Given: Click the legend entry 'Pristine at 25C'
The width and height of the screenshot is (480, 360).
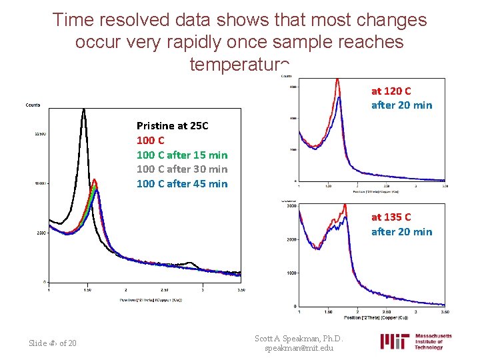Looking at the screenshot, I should tap(172, 125).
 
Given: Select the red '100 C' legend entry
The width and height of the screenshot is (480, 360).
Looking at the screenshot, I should tap(150, 140).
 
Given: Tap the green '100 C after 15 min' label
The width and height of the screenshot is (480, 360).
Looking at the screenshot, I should tap(181, 155).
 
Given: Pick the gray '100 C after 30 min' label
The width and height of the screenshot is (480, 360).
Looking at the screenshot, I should tap(181, 169).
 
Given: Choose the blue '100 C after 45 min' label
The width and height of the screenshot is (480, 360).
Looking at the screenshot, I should tap(181, 184).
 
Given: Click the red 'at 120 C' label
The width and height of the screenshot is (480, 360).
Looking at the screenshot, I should tap(391, 91).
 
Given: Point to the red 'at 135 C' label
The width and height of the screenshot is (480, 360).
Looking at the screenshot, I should tap(391, 217).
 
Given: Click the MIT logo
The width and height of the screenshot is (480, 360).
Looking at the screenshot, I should tap(394, 341).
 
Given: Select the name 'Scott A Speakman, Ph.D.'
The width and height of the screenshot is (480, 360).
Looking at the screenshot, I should tap(298, 338).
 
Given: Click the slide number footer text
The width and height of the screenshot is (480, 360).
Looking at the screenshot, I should tap(53, 343).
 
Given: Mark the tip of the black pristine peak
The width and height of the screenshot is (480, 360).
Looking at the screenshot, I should tap(84, 110).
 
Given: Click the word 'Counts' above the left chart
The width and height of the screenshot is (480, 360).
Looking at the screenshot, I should tap(33, 105).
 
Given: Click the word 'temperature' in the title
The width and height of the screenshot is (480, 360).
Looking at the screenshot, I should tap(239, 64).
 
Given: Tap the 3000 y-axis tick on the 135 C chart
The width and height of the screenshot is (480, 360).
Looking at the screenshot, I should tap(291, 206).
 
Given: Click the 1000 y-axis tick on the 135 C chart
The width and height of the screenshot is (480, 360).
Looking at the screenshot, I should tap(291, 273).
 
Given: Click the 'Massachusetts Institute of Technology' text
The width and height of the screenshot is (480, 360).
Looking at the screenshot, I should tap(433, 341).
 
